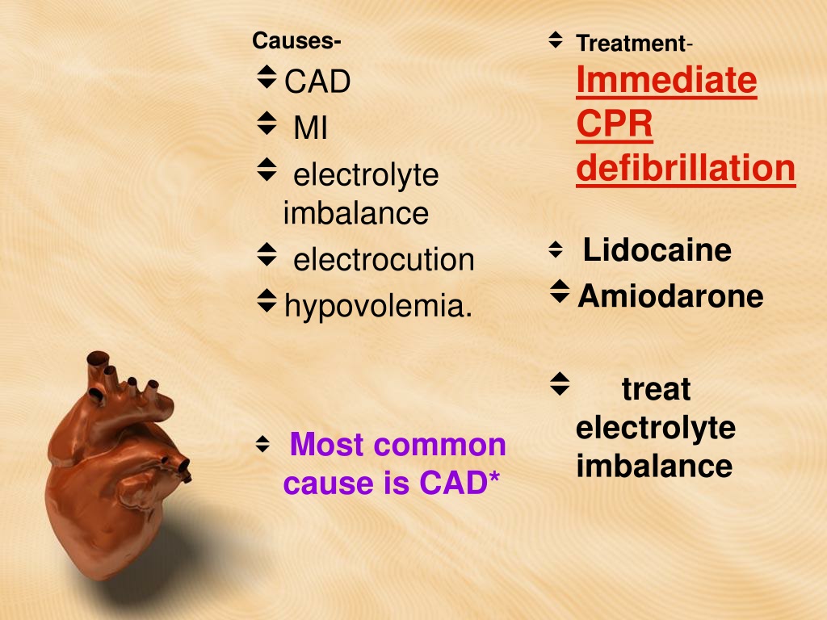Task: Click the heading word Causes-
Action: pyautogui.click(x=296, y=40)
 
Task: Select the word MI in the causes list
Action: pyautogui.click(x=311, y=128)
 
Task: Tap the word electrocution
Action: pyautogui.click(x=384, y=259)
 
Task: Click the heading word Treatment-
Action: pyautogui.click(x=634, y=44)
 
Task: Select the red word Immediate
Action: pyautogui.click(x=666, y=80)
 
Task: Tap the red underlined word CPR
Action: pyautogui.click(x=615, y=124)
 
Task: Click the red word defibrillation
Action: pyautogui.click(x=686, y=169)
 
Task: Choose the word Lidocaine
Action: pyautogui.click(x=657, y=249)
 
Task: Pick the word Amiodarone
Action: pyautogui.click(x=671, y=295)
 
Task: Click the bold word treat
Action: pyautogui.click(x=656, y=389)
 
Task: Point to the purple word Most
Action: pyautogui.click(x=327, y=445)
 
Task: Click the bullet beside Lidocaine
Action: pyautogui.click(x=556, y=249)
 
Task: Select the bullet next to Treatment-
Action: pyautogui.click(x=556, y=40)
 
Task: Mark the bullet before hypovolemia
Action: pyautogui.click(x=267, y=300)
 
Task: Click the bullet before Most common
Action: pyautogui.click(x=262, y=444)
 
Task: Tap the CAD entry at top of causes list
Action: pyautogui.click(x=317, y=82)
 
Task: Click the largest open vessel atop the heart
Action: pyautogui.click(x=98, y=358)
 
